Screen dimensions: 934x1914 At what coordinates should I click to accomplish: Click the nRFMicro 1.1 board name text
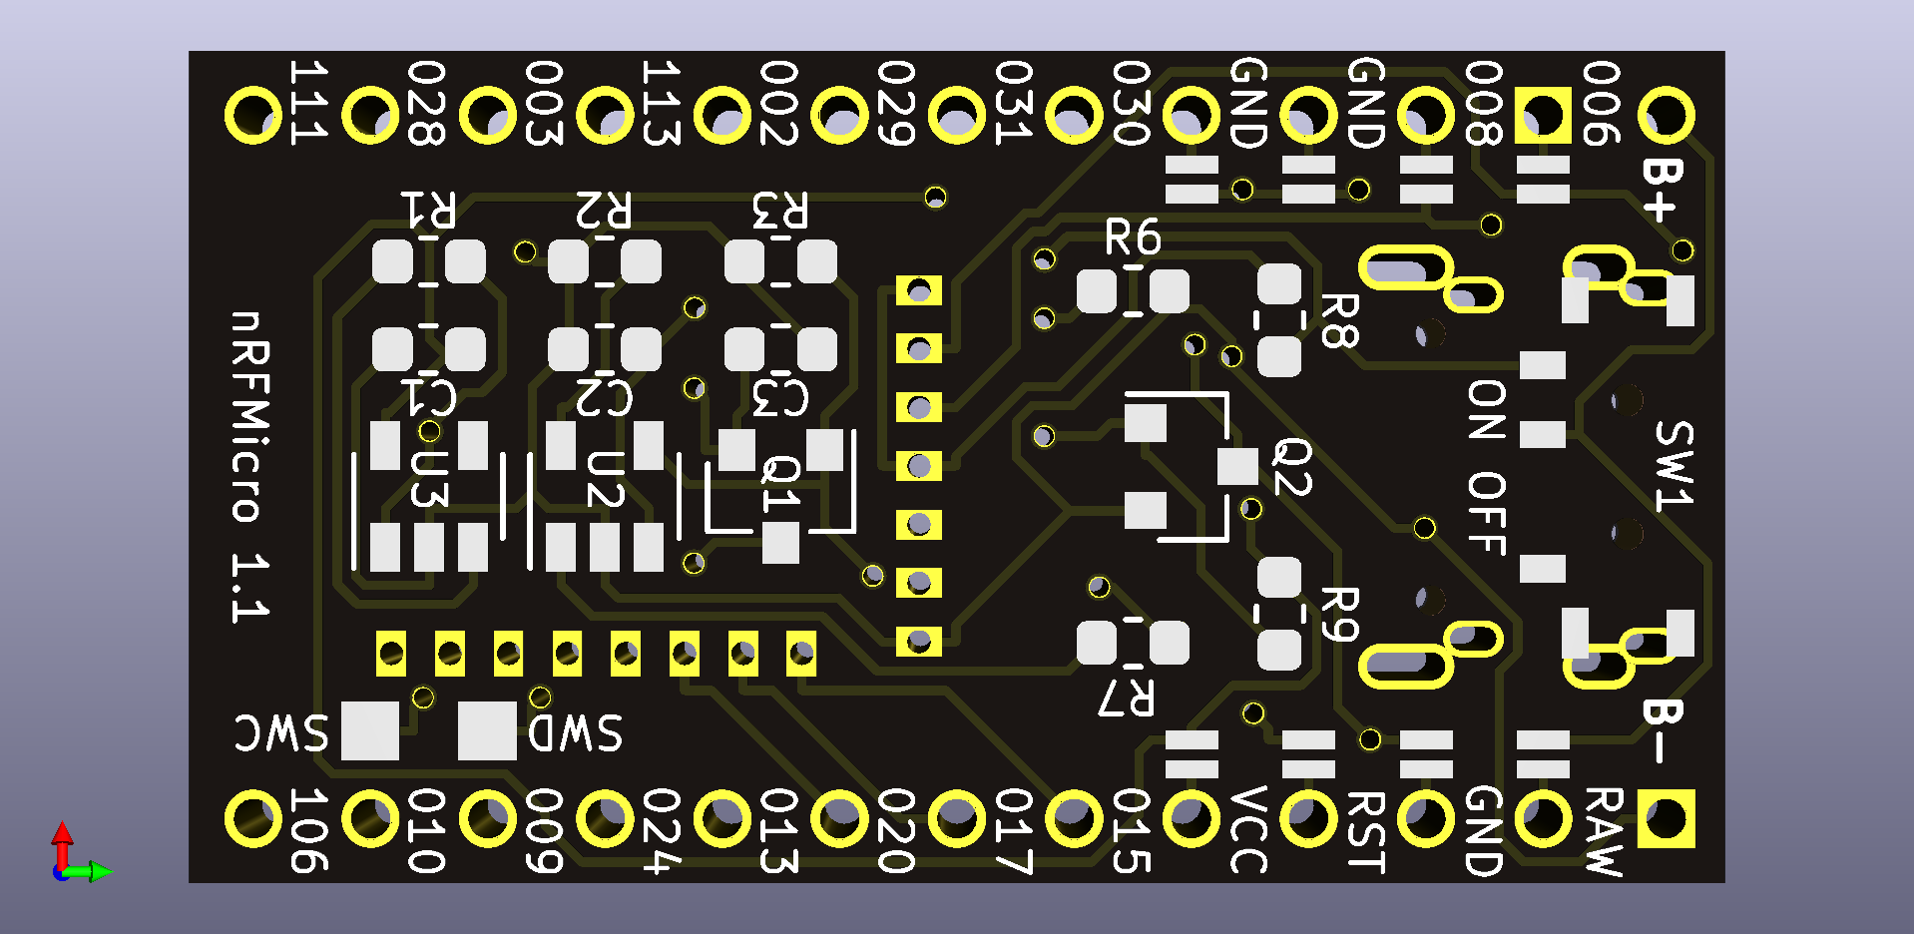coord(249,466)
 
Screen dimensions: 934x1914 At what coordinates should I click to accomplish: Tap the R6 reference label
coord(1133,238)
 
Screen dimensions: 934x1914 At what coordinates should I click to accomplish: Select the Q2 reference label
coord(1292,466)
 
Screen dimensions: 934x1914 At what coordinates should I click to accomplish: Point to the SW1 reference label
coord(1674,466)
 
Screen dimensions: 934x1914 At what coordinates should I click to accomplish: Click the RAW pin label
coord(1604,831)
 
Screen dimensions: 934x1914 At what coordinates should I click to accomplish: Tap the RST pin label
coord(1366,831)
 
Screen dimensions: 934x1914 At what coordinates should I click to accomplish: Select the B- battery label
coord(1663,730)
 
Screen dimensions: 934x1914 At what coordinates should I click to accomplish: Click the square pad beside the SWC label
coord(370,730)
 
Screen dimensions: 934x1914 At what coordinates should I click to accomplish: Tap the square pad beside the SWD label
coord(487,730)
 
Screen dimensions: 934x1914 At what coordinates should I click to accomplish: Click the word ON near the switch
coord(1486,410)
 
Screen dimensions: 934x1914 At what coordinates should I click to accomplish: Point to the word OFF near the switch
coord(1486,513)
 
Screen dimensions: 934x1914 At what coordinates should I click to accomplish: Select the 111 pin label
coord(308,102)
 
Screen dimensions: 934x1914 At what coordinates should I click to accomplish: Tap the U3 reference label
coord(429,479)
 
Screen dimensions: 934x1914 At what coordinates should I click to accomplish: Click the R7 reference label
coord(1127,699)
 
